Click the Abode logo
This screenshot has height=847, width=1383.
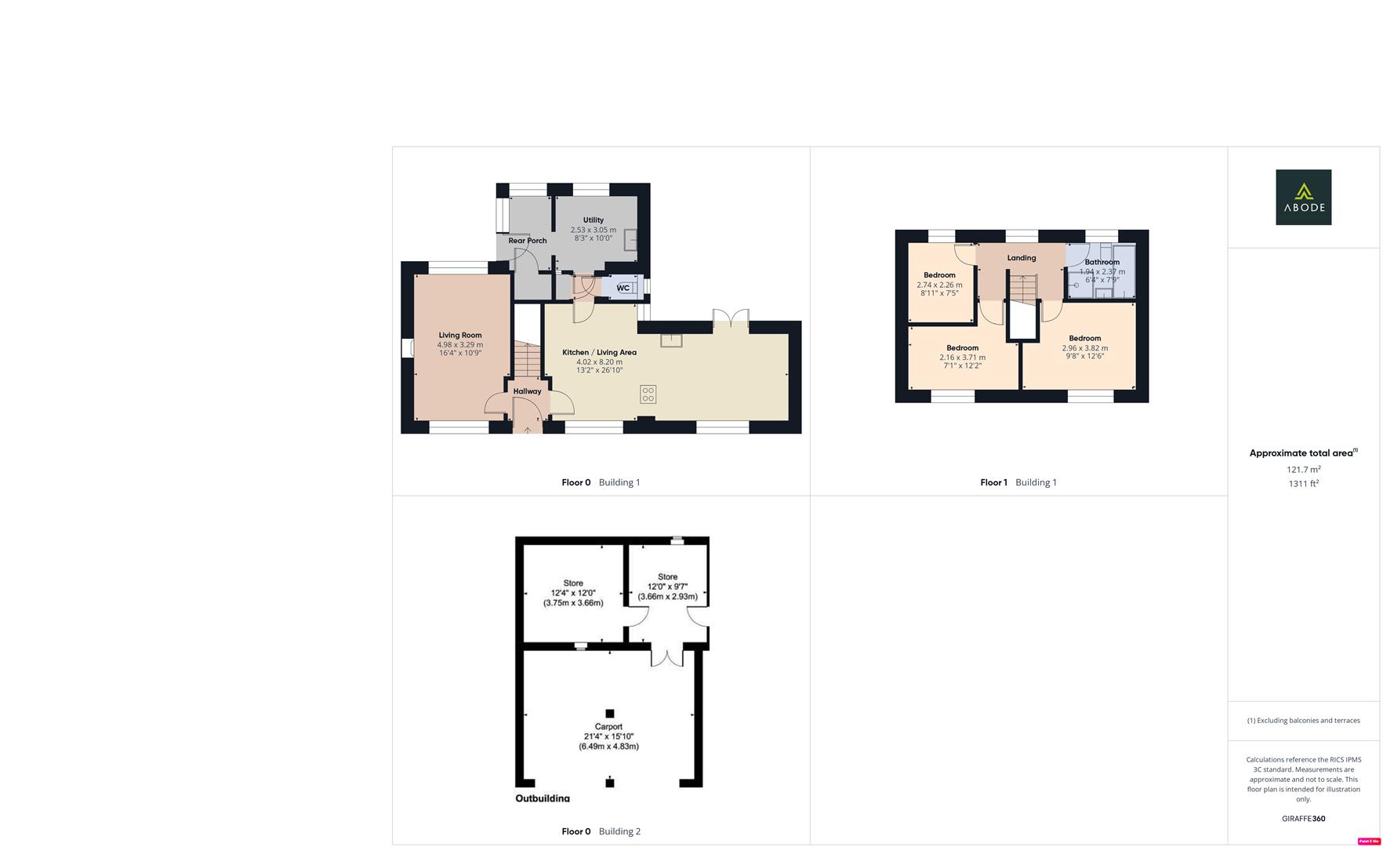click(1303, 197)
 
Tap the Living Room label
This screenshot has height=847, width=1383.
click(460, 336)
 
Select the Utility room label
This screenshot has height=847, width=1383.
click(593, 220)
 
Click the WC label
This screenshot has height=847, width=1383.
click(623, 288)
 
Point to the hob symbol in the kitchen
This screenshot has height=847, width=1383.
click(648, 394)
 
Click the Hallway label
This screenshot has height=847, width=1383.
click(527, 391)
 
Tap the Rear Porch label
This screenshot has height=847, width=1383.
click(528, 241)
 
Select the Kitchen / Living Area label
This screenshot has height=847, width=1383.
click(599, 353)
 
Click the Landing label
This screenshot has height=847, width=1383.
click(1022, 258)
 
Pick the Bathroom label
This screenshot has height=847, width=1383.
click(1102, 262)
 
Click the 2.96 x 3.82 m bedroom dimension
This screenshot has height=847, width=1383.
click(1085, 348)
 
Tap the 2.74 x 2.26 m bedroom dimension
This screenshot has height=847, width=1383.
click(939, 285)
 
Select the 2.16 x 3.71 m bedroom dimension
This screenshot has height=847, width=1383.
click(962, 358)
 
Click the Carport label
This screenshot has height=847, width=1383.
click(608, 727)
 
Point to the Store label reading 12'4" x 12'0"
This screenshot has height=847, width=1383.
click(573, 583)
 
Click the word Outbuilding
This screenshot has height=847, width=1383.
click(543, 798)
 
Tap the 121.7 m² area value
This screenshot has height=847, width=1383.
click(1303, 470)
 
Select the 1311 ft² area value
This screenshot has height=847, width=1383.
click(1303, 484)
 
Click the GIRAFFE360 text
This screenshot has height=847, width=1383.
click(1303, 819)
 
